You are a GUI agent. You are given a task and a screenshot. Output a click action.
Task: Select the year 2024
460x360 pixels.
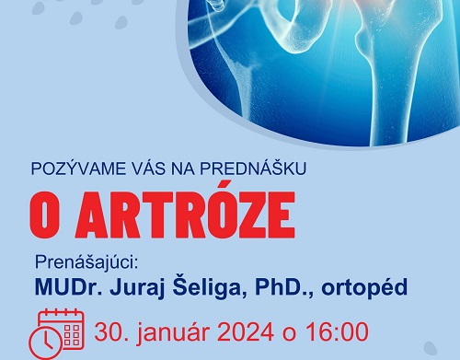(256, 331)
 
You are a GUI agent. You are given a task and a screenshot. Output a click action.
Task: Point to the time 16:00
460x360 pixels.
(340, 331)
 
